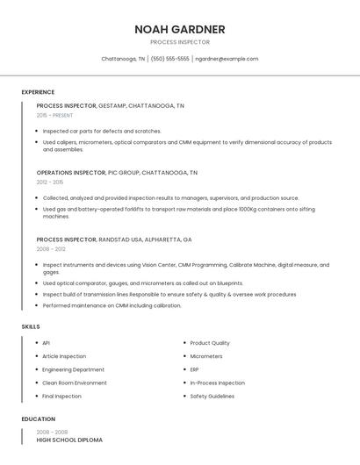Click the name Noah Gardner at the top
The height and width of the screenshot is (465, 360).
pos(179,29)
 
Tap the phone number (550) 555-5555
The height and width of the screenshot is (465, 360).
pos(169,59)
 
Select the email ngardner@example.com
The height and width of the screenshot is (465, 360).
pos(227,59)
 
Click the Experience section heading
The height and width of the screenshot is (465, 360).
pos(38,92)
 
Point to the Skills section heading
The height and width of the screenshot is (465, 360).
pos(31,326)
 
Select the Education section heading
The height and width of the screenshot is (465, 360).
pos(39,418)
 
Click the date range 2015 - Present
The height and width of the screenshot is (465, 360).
pos(54,115)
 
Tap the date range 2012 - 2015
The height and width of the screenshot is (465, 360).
pos(50,182)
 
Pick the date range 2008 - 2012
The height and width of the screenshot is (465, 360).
pos(50,248)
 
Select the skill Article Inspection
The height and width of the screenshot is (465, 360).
pos(64,356)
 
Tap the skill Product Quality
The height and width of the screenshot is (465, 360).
pos(210,343)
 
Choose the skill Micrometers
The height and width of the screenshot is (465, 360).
pos(206,356)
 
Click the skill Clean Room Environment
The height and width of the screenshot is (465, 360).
pos(75,383)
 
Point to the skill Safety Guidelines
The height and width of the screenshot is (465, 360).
pos(212,396)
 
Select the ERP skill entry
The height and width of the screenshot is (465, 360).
pos(194,369)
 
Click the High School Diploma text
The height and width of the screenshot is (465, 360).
pos(69,440)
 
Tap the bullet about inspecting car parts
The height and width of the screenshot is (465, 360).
pos(102,131)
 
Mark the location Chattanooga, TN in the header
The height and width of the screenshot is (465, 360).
pos(123,59)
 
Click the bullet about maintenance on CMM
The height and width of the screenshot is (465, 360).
pos(112,305)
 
